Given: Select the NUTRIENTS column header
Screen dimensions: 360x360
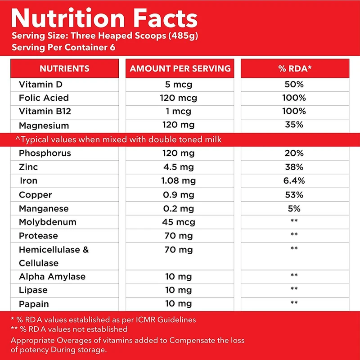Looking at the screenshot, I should pos(64,69).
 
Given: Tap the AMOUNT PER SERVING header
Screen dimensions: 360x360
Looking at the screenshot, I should pos(180,69).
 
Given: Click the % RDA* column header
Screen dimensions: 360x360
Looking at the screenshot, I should pos(295,69).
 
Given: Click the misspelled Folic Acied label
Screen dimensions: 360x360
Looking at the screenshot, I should pos(44,98).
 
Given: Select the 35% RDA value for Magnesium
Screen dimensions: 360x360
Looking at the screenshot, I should pos(295,125).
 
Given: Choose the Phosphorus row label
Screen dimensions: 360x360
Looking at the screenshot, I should pos(45,153).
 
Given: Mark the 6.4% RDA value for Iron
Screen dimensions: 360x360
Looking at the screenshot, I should pos(295,181).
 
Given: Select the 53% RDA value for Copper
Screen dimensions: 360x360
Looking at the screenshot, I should pos(295,195).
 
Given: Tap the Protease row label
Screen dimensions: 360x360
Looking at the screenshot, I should pos(38,236).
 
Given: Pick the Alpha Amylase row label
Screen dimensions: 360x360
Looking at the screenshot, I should pos(52,277).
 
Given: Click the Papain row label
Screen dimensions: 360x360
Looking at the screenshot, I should pos(34,304).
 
